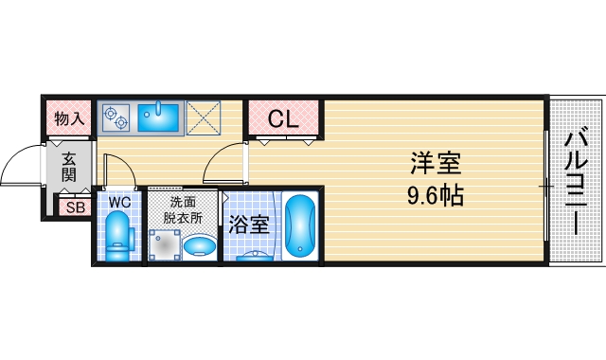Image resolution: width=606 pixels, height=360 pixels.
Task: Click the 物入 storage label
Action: (70, 119)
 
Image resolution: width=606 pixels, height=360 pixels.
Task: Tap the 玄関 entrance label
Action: (70, 168)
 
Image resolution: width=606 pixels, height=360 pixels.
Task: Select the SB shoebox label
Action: (72, 207)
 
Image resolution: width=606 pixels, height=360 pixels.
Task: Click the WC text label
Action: (118, 202)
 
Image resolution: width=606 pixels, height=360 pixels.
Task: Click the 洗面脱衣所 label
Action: (186, 208)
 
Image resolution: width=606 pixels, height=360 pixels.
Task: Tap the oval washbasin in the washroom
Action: (200, 246)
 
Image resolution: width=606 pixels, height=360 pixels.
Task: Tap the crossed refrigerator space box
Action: (202, 117)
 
